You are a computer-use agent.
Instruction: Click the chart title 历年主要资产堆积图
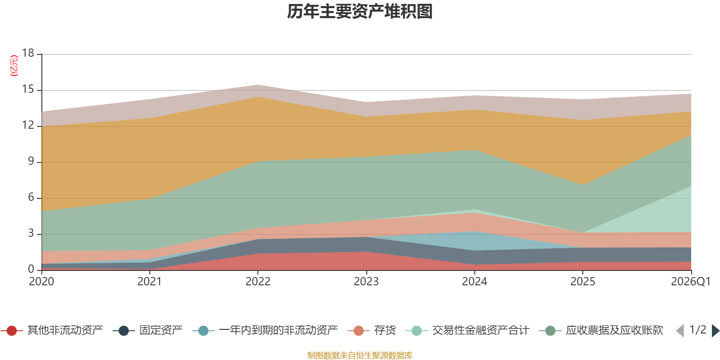[x=360, y=12]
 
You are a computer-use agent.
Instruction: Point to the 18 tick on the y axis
[x=28, y=54]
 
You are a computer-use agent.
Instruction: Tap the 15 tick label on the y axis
[x=28, y=90]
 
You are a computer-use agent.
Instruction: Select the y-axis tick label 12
[x=28, y=126]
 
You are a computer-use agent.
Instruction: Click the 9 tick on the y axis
[x=31, y=162]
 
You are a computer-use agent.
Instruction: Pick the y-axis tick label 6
[x=31, y=198]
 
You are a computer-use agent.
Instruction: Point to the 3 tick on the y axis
[x=31, y=234]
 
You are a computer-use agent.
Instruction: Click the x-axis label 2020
[x=41, y=282]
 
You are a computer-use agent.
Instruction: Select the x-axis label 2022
[x=258, y=282]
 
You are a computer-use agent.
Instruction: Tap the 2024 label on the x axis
[x=474, y=282]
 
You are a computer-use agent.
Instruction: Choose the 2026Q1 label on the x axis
[x=690, y=282]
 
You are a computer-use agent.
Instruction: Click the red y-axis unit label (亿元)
[x=14, y=66]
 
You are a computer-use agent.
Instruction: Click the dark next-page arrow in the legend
[x=715, y=331]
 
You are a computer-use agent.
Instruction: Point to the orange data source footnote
[x=360, y=355]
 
